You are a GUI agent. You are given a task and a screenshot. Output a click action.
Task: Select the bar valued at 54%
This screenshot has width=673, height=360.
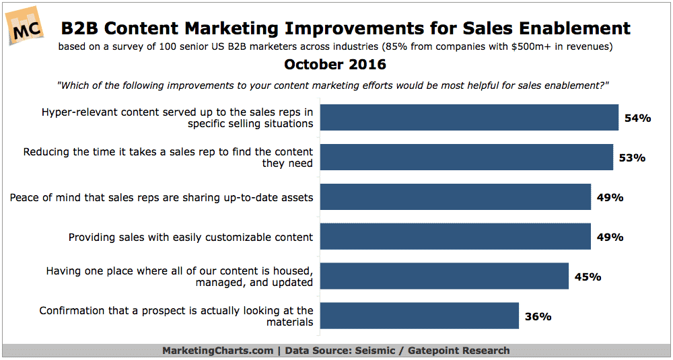[x=469, y=117]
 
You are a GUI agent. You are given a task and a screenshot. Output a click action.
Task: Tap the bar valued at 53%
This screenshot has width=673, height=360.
[x=466, y=157]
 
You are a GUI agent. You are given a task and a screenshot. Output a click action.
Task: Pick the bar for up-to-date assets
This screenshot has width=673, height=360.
[x=456, y=197]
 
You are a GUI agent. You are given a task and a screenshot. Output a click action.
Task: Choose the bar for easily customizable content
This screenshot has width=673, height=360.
[x=456, y=236]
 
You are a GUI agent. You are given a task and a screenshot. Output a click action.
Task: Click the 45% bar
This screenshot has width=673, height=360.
[x=444, y=276]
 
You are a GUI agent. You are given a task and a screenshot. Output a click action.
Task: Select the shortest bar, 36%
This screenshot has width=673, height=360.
[x=419, y=316]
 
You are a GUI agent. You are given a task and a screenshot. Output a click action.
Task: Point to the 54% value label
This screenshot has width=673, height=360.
[x=638, y=118]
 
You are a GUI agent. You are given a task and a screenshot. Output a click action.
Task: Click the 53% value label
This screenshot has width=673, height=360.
[x=632, y=158]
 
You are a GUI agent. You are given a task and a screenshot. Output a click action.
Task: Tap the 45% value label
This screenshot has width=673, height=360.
[x=588, y=277]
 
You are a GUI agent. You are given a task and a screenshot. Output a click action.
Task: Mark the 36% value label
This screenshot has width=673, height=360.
[x=538, y=317]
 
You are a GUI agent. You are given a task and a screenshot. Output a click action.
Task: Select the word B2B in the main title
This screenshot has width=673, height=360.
[x=81, y=28]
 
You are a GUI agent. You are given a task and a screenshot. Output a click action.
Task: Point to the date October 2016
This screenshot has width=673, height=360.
[x=334, y=65]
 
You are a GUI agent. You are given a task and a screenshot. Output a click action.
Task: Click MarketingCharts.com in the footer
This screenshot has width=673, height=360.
[x=217, y=351]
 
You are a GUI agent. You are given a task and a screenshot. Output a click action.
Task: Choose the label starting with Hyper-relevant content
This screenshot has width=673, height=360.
[x=177, y=118]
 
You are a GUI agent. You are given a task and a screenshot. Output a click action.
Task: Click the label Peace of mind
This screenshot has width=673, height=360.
[x=162, y=197]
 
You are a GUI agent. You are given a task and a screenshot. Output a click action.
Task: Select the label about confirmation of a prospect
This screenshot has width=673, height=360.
[x=176, y=316]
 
